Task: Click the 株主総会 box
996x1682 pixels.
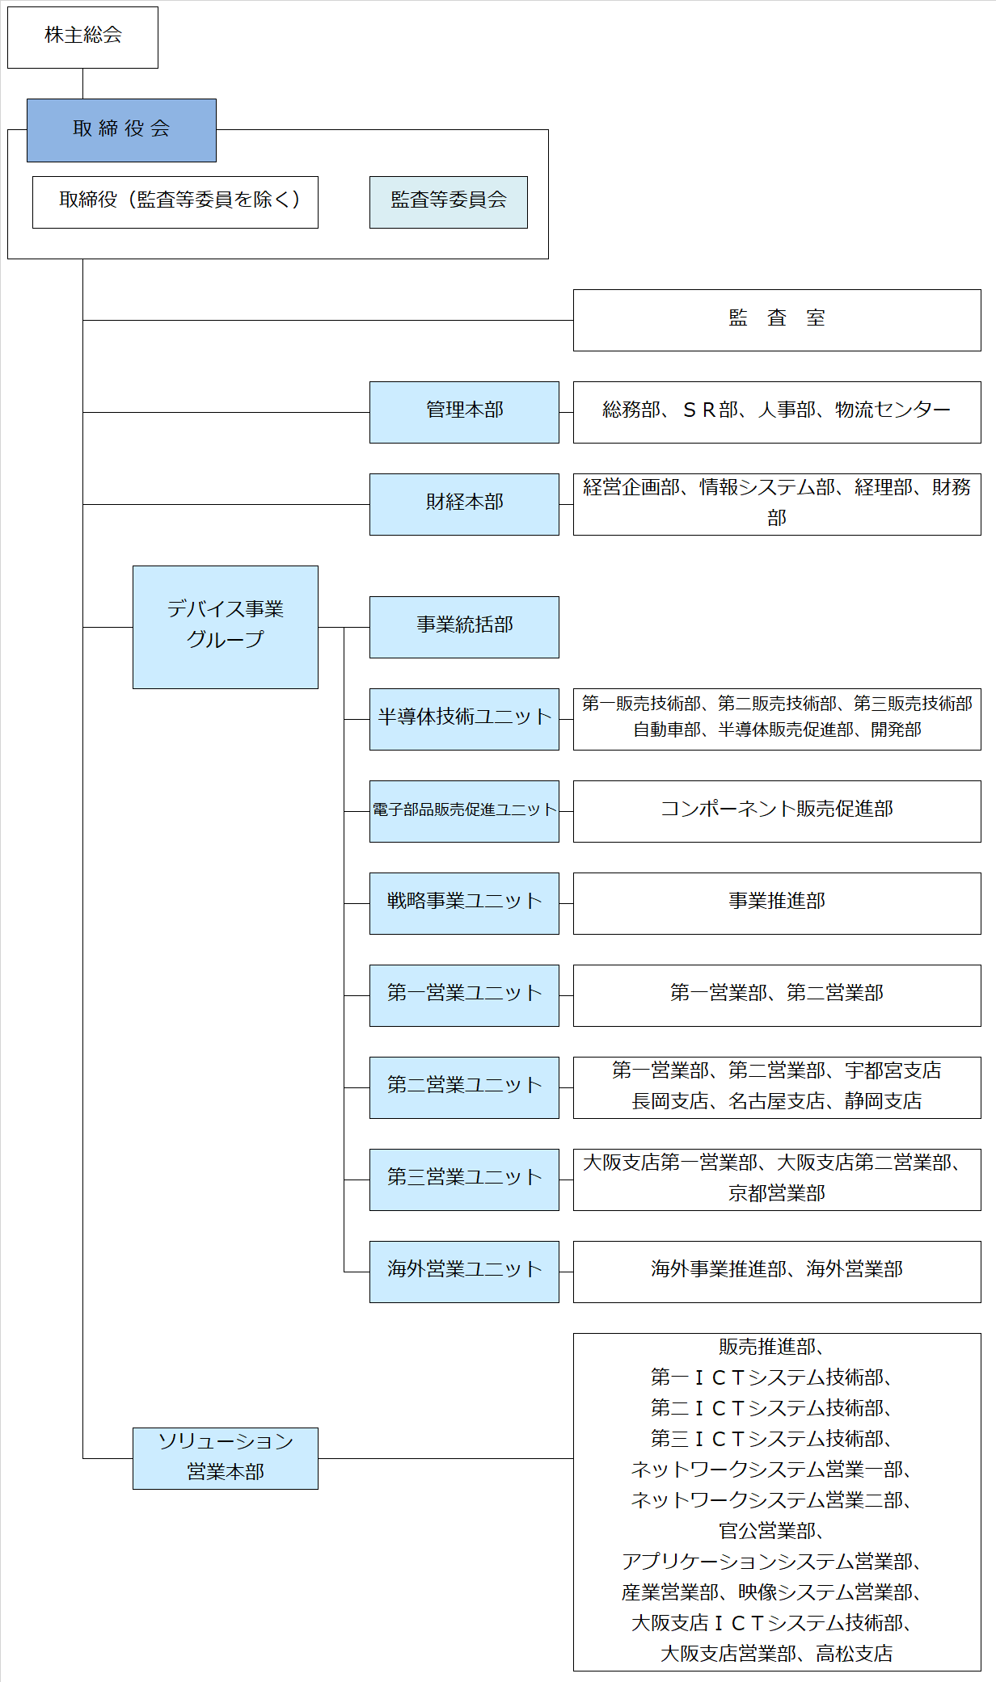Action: click(x=82, y=37)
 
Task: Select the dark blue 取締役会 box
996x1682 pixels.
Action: click(x=121, y=130)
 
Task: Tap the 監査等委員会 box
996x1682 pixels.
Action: click(x=449, y=202)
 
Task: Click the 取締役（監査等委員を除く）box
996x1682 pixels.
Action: click(x=175, y=202)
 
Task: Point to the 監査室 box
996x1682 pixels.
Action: click(x=777, y=320)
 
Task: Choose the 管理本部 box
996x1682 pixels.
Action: click(x=464, y=412)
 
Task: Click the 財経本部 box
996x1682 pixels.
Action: click(x=464, y=504)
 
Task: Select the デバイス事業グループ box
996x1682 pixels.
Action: click(x=226, y=627)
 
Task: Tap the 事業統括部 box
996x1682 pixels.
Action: click(x=464, y=627)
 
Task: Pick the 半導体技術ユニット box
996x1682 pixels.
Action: click(x=464, y=719)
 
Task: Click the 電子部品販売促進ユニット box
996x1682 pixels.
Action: click(x=464, y=811)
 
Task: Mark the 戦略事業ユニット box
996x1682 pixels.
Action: click(x=464, y=903)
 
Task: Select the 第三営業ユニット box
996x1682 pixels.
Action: click(x=464, y=1180)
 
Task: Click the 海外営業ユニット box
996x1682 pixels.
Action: click(x=464, y=1272)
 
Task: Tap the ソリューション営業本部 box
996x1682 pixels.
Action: click(x=226, y=1458)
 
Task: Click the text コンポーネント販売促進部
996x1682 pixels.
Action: click(x=777, y=809)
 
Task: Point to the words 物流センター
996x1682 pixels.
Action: click(x=893, y=410)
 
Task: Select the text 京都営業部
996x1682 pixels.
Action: click(x=777, y=1193)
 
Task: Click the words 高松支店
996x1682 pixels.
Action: click(x=855, y=1654)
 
